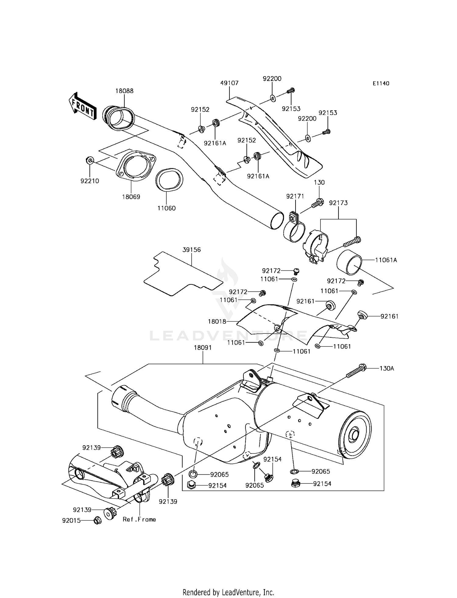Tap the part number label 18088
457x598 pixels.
click(124, 91)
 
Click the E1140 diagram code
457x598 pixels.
click(381, 84)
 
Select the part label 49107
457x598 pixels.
click(229, 83)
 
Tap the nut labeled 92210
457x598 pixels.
click(90, 160)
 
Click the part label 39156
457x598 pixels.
click(192, 250)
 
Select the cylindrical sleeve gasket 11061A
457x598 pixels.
click(349, 261)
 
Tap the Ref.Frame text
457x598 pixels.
click(139, 519)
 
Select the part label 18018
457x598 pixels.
click(217, 321)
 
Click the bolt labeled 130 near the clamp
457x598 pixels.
click(317, 203)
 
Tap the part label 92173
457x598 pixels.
click(338, 203)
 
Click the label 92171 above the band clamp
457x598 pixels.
click(295, 197)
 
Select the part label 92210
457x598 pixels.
click(90, 181)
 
